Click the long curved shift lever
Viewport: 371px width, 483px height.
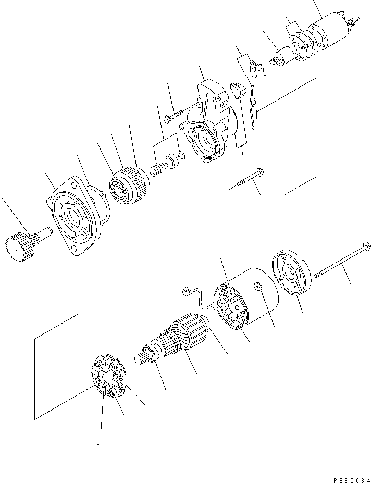tap(254, 107)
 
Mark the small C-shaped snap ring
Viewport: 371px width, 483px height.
tap(181, 155)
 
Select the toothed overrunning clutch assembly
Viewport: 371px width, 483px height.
tap(127, 185)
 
